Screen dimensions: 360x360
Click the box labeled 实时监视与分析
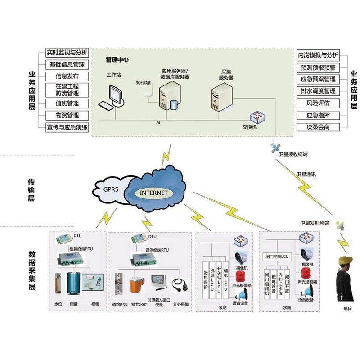(x=67, y=53)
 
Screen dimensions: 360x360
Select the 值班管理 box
(x=67, y=103)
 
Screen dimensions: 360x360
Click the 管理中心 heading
(x=117, y=59)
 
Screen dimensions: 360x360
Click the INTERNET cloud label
(x=154, y=193)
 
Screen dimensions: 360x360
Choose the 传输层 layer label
(x=31, y=190)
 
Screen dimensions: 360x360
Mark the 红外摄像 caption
(x=181, y=305)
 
